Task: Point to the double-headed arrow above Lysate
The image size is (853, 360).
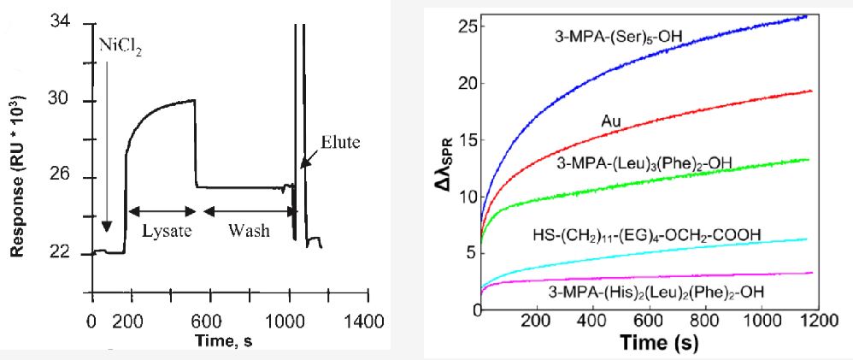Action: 162,210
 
